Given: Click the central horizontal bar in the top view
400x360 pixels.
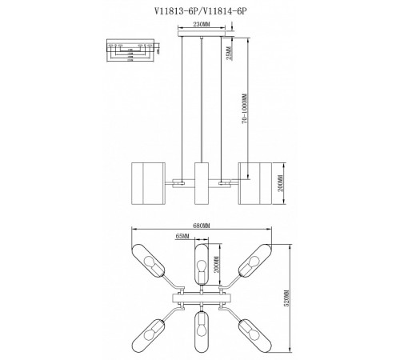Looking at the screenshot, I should (202, 297).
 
